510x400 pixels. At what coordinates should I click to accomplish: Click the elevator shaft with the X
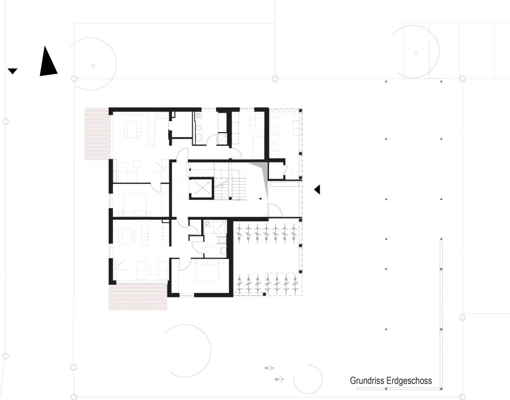(201, 188)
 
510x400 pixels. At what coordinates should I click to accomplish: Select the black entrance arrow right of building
(317, 189)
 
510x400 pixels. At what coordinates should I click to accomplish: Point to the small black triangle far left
(12, 71)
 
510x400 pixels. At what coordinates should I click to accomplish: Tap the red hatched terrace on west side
(97, 134)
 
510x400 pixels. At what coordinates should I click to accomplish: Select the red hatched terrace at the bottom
(138, 296)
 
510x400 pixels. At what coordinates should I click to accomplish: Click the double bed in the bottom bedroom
(209, 270)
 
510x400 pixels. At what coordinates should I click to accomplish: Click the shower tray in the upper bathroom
(223, 138)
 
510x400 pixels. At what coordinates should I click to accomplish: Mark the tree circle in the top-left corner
(93, 64)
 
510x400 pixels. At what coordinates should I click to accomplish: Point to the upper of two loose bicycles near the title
(269, 368)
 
